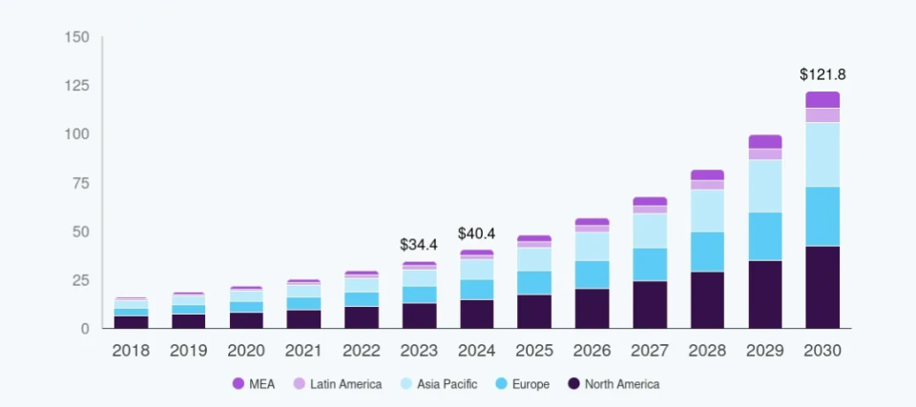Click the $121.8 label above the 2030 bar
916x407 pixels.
pyautogui.click(x=822, y=73)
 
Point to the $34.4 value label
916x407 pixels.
pyautogui.click(x=419, y=245)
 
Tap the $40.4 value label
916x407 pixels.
pyautogui.click(x=476, y=234)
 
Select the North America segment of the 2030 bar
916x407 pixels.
pyautogui.click(x=822, y=287)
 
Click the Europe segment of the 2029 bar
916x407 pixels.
pyautogui.click(x=764, y=236)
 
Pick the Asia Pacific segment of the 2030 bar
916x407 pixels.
pyautogui.click(x=822, y=154)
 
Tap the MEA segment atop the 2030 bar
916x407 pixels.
pyautogui.click(x=822, y=99)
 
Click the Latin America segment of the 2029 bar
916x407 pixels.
pyautogui.click(x=764, y=153)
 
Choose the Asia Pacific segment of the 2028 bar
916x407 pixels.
pyautogui.click(x=707, y=211)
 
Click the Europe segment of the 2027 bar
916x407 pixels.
pyautogui.click(x=649, y=264)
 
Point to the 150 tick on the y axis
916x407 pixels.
pyautogui.click(x=77, y=37)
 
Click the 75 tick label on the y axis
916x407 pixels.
pyautogui.click(x=81, y=183)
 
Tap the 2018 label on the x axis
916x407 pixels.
pyautogui.click(x=131, y=351)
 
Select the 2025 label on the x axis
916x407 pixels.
pyautogui.click(x=534, y=351)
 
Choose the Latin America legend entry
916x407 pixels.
pyautogui.click(x=337, y=384)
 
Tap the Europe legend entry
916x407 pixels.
pyautogui.click(x=523, y=384)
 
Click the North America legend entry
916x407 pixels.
pyautogui.click(x=613, y=384)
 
